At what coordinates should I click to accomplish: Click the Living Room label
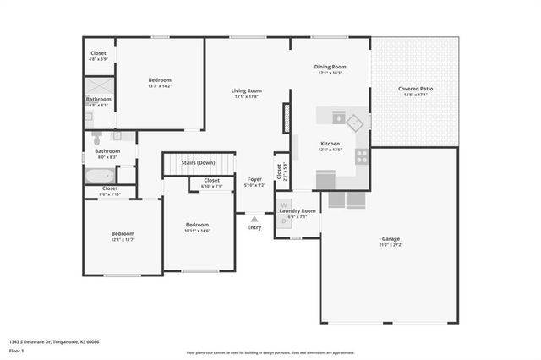coord(248,90)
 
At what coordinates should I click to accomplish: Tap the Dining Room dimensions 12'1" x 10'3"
coord(332,73)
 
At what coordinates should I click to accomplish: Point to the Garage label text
coord(390,238)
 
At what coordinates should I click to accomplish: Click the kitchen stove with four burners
coord(362,156)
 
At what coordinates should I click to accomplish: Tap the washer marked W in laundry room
coord(284,205)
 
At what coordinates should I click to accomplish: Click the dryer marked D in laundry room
coord(284,221)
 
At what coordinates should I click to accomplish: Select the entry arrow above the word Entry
coord(254,219)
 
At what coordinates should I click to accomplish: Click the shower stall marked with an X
coord(98,88)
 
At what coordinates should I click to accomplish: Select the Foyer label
coord(254,179)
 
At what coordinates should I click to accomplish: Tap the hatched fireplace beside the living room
coord(287,118)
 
